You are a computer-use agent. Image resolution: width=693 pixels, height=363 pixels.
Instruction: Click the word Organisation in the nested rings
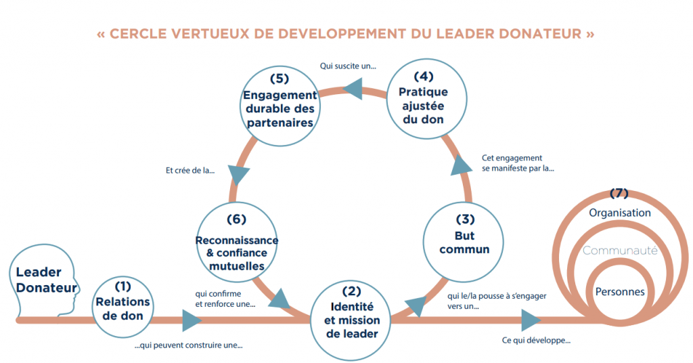[x=620, y=213]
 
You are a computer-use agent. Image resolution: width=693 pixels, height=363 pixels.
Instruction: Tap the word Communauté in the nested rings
[x=620, y=251]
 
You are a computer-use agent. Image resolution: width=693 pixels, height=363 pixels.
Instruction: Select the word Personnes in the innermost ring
[x=620, y=292]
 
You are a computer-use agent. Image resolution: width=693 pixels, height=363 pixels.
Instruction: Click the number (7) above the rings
[x=620, y=193]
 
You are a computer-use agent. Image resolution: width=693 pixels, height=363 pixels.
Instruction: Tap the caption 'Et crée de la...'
[x=190, y=171]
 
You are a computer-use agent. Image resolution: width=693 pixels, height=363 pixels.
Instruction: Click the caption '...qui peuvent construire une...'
[x=188, y=345]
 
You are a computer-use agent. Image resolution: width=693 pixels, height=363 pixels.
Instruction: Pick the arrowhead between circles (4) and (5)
[x=354, y=85]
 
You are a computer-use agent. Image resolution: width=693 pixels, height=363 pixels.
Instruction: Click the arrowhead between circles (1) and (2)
[x=192, y=320]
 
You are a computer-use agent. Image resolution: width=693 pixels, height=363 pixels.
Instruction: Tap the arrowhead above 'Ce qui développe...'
[x=531, y=320]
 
